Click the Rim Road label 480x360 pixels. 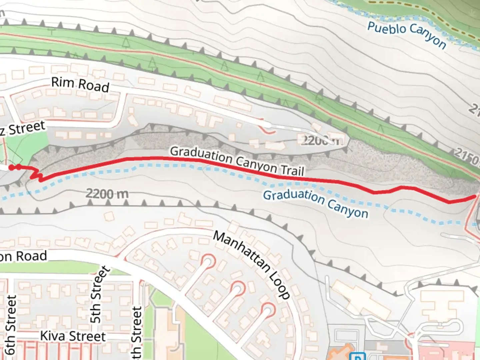80,85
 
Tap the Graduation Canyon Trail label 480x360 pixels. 237,161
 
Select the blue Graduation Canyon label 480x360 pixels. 316,204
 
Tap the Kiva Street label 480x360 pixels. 73,336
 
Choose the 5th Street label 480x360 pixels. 100,294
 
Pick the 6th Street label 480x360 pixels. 11,325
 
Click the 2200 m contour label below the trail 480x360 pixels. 107,193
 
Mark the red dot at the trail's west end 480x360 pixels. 11,167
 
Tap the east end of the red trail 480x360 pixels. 474,197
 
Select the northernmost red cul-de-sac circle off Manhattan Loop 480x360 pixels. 208,261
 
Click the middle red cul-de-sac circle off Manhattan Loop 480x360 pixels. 238,287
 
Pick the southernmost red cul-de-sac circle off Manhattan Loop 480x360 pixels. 268,309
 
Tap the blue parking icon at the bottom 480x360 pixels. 358,357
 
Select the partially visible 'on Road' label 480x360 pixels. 23,256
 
